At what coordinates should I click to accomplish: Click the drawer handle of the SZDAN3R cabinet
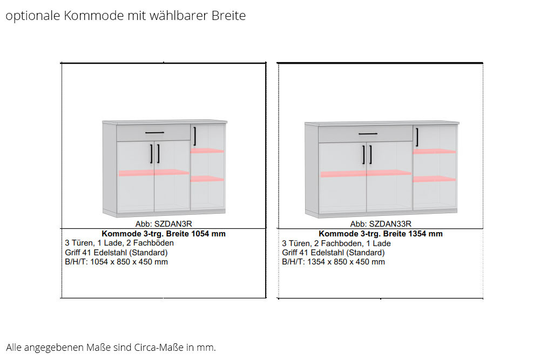tap(154, 133)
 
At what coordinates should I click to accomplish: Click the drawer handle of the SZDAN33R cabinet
tap(368, 133)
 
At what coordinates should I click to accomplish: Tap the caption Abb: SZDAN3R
tap(164, 224)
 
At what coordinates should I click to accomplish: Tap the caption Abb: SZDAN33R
tap(381, 224)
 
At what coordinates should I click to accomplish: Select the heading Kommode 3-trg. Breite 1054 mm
tap(164, 234)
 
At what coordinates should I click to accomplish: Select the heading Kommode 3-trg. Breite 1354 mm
tap(381, 234)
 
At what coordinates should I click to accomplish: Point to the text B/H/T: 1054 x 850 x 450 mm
tap(117, 262)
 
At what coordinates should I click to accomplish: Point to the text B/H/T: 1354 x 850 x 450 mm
tap(333, 262)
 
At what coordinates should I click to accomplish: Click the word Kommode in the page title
tap(93, 16)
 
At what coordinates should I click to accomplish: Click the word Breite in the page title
tap(228, 16)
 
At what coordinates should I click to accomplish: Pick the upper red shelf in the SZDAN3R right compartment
tap(207, 151)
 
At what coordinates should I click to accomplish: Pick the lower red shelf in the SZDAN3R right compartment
tap(207, 179)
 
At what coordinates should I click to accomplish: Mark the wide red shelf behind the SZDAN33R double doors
tap(366, 174)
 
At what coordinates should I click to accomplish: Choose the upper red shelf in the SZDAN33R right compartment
tap(435, 151)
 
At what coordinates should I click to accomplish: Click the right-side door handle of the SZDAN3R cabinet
tap(195, 137)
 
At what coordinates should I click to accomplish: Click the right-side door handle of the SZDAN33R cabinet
tap(417, 137)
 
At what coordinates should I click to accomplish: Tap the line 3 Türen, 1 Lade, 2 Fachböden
tap(119, 243)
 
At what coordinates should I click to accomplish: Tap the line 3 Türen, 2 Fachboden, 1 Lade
tap(336, 243)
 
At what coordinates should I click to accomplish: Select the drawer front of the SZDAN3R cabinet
tap(153, 133)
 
